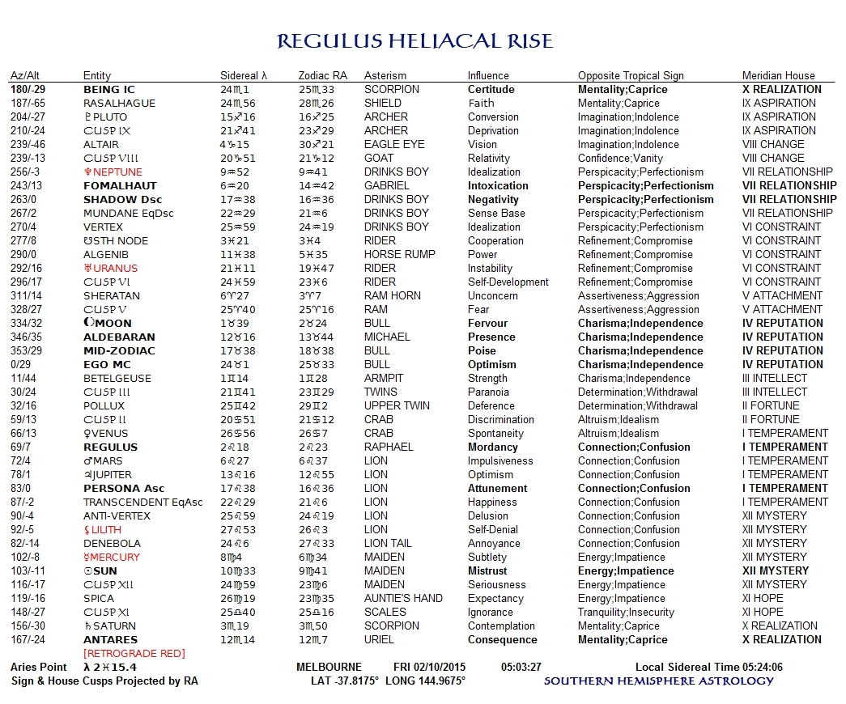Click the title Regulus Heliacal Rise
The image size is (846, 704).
(414, 41)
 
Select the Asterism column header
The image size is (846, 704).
(385, 75)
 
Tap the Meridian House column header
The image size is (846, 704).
(778, 75)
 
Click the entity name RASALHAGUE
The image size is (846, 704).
(120, 103)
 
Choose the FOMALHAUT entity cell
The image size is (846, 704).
(120, 185)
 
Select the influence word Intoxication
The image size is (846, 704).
(498, 185)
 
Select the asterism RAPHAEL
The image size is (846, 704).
(389, 447)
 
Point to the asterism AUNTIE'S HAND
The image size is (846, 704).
(403, 598)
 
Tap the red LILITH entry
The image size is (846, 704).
(108, 529)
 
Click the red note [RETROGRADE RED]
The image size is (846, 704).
(134, 653)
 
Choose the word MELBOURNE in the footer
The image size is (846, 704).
(333, 667)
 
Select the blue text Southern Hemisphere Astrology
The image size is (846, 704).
(658, 681)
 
